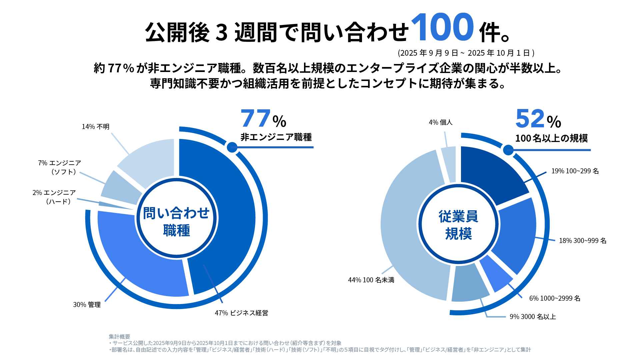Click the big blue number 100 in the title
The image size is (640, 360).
click(442, 27)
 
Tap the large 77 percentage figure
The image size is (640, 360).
click(255, 119)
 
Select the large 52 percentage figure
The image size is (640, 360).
click(530, 119)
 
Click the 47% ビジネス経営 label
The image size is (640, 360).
click(241, 313)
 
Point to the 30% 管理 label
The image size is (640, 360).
click(87, 305)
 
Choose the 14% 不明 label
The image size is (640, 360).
click(96, 127)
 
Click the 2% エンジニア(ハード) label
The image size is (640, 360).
click(54, 197)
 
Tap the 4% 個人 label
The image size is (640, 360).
click(440, 122)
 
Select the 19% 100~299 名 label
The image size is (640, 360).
click(575, 171)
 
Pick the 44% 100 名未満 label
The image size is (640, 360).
click(371, 280)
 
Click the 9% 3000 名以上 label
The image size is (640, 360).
click(533, 317)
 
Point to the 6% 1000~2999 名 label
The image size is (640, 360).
click(555, 298)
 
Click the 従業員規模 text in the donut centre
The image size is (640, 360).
click(458, 225)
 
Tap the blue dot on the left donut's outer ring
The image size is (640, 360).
click(232, 147)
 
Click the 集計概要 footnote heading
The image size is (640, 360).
click(119, 337)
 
